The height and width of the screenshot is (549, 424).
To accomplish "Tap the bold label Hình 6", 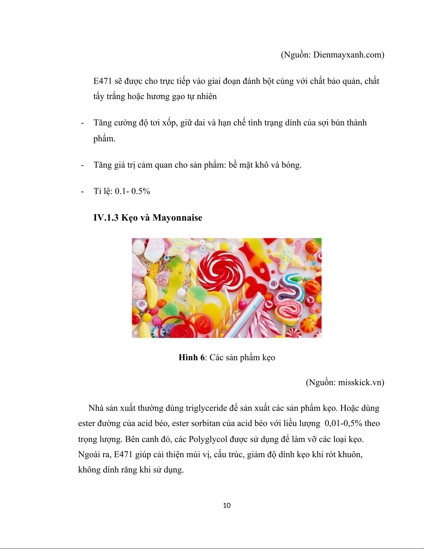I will [191, 357].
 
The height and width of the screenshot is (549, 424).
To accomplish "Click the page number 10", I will [227, 505].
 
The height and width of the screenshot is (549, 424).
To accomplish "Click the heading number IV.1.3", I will [106, 218].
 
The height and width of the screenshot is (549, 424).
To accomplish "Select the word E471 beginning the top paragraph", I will [103, 81].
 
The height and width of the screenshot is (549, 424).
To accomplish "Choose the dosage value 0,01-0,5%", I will [343, 423].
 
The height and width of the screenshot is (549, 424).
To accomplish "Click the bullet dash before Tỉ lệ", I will [82, 192].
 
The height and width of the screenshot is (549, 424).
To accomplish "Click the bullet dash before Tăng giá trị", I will [82, 165].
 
